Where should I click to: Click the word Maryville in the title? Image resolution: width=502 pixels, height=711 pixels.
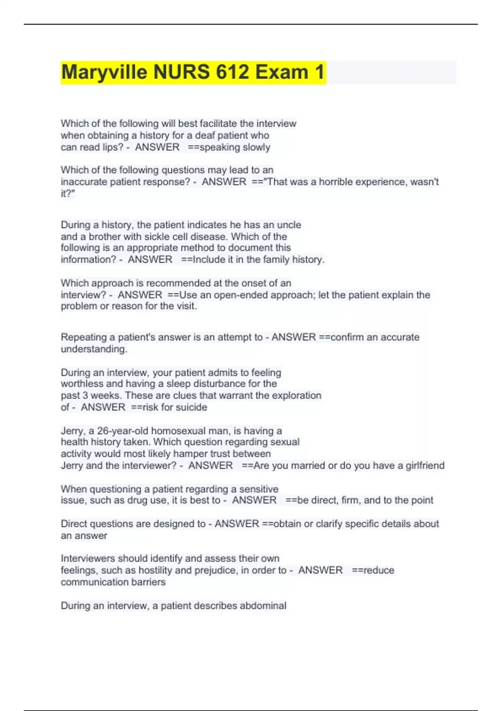[x=104, y=72]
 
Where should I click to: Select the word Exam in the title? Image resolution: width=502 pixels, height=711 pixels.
[x=282, y=72]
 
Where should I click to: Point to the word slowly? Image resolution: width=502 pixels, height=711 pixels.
[x=256, y=147]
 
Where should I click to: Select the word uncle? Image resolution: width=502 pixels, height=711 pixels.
[x=289, y=225]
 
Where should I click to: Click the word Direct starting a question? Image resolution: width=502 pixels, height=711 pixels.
[x=74, y=524]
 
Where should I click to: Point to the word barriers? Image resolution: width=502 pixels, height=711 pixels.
[x=149, y=582]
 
